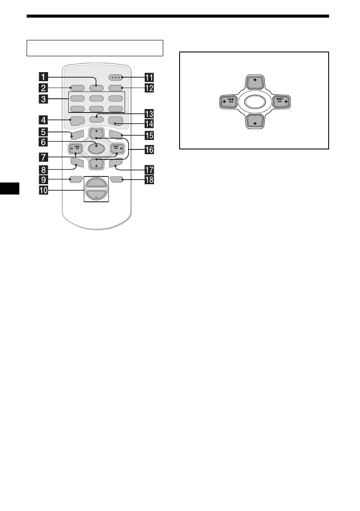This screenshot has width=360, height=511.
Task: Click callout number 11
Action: [x=150, y=78]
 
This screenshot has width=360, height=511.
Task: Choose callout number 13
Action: [x=150, y=114]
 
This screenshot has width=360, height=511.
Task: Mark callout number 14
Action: [x=150, y=125]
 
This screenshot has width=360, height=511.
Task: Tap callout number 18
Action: [x=150, y=180]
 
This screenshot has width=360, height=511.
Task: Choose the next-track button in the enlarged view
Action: [x=283, y=102]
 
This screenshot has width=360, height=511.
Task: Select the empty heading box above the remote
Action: [x=95, y=48]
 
